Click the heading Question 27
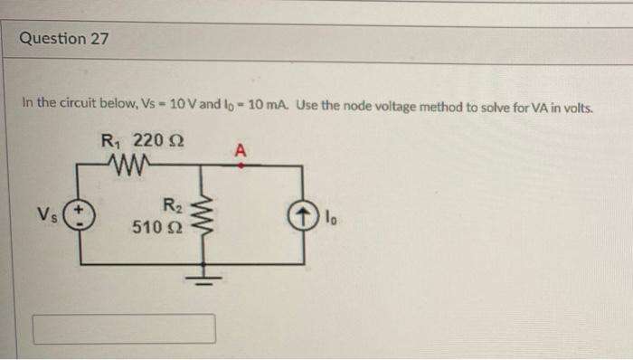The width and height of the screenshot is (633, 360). pyautogui.click(x=66, y=39)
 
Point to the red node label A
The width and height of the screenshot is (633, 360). pyautogui.click(x=240, y=150)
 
